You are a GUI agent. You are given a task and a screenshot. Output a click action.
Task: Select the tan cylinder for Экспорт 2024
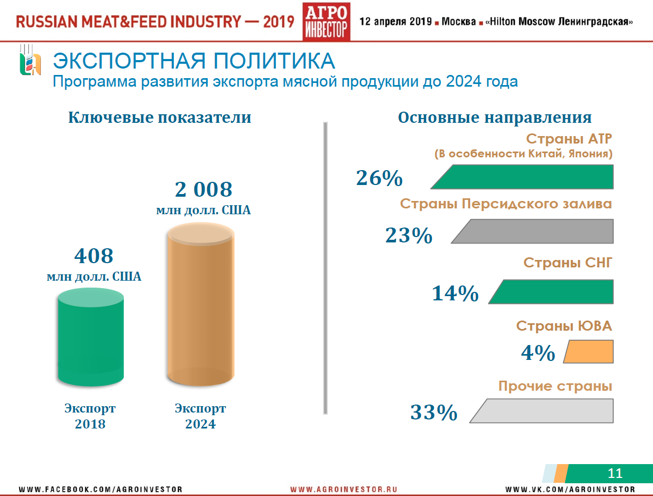pos(200,306)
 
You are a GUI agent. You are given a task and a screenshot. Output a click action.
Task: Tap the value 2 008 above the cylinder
pos(203,190)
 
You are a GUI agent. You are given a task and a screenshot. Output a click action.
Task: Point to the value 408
pos(94,256)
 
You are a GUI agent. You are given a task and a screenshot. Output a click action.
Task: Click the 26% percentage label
pos(379,179)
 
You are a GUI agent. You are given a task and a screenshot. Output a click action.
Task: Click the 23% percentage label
pos(409,235)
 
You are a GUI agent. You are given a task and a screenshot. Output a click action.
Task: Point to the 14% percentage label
pos(455,293)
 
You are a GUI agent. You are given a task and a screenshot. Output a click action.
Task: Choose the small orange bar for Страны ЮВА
pos(589,352)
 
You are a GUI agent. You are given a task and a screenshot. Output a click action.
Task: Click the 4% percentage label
pos(538,354)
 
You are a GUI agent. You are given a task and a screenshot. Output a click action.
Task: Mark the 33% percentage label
pos(434,413)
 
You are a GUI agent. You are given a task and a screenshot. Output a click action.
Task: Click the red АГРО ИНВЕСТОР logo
pos(326,21)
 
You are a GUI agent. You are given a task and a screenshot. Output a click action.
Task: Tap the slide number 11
pos(615,473)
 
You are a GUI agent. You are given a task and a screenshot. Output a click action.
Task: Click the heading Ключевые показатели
pos(159,117)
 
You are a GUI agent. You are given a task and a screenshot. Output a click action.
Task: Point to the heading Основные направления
pos(495,117)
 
